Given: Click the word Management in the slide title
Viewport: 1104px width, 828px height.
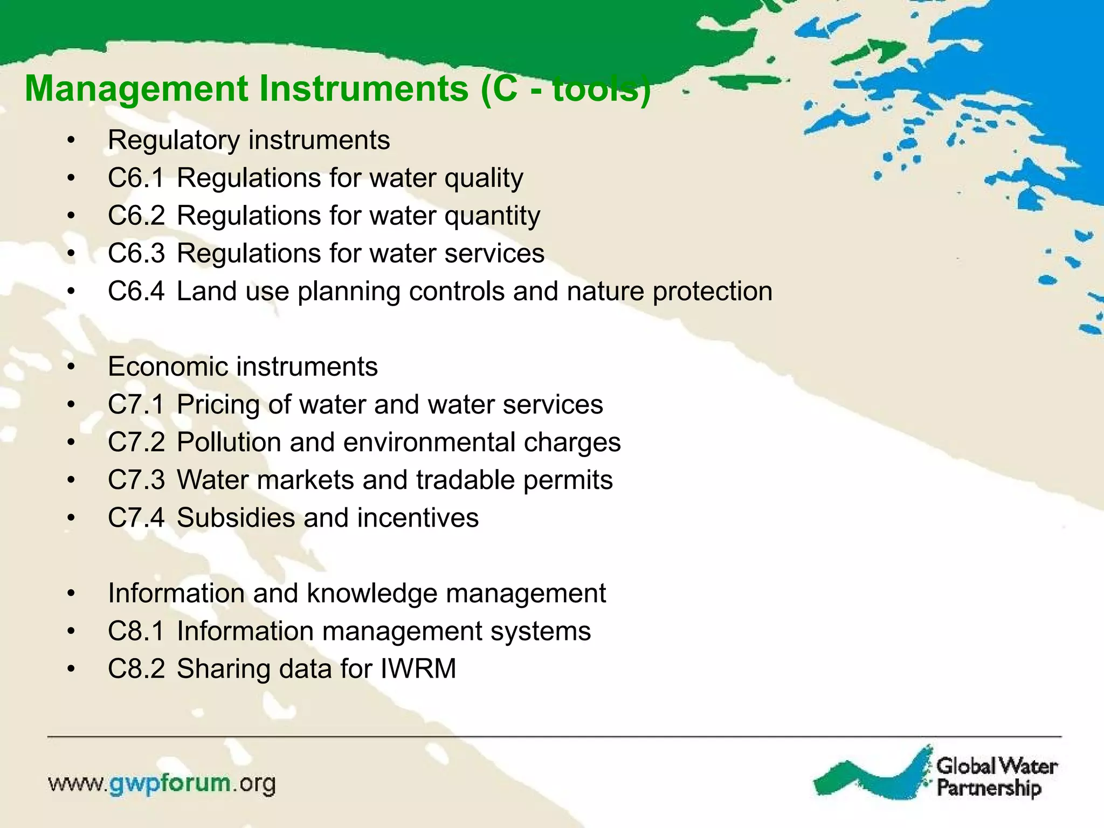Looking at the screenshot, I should (x=136, y=89).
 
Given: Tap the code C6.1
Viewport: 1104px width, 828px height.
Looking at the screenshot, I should (x=136, y=178).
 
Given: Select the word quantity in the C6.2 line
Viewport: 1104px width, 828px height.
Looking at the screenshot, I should (x=492, y=217).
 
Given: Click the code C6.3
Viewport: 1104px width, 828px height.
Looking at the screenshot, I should (x=136, y=253).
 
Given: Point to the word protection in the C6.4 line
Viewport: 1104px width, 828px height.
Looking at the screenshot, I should (x=712, y=292).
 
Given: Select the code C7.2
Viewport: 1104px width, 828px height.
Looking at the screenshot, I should (x=136, y=442).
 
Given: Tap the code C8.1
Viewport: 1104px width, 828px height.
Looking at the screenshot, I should (x=136, y=631).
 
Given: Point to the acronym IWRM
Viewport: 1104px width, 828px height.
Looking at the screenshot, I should (x=418, y=668).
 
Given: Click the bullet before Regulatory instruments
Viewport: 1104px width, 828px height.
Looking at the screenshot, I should (x=71, y=141).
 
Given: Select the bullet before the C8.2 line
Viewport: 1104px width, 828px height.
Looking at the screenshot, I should (x=71, y=670).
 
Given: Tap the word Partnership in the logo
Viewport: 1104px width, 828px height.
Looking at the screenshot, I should (x=989, y=788).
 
